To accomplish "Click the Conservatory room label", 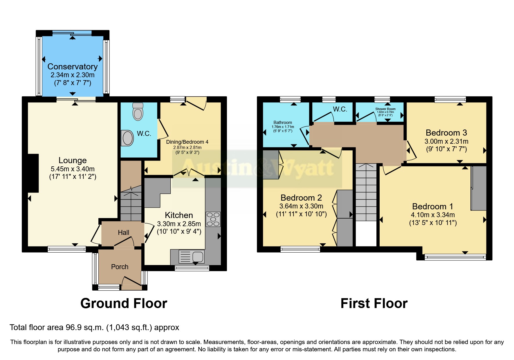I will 73,66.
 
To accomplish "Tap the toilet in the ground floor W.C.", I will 138,112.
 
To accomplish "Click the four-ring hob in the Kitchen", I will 213,219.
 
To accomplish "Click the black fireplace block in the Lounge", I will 33,173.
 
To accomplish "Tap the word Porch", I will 120,267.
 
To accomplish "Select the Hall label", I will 123,233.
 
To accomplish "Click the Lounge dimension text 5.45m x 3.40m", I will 73,169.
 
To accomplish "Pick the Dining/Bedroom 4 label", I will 187,142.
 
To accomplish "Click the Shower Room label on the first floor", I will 385,109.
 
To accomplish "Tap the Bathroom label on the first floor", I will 283,123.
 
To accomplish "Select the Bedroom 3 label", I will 446,133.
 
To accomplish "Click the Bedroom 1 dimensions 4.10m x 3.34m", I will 433,215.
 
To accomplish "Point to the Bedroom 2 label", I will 301,198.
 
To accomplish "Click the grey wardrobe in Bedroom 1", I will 479,188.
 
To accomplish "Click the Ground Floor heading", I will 124,303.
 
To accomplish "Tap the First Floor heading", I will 374,303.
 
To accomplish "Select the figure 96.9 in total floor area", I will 74,327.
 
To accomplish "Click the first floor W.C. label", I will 340,109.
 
